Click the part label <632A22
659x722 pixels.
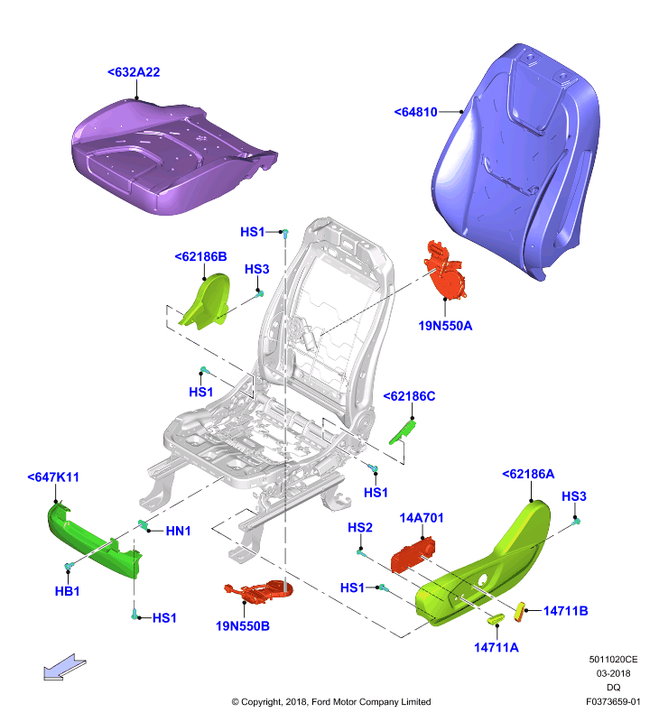(134, 72)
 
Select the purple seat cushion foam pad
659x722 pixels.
(171, 156)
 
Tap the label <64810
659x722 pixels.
(415, 112)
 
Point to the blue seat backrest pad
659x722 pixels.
(515, 162)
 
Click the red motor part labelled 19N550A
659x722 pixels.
(444, 272)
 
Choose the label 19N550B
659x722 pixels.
(243, 626)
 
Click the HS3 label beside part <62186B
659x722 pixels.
(256, 269)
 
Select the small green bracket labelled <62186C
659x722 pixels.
(403, 432)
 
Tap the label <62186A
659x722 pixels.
(528, 474)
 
